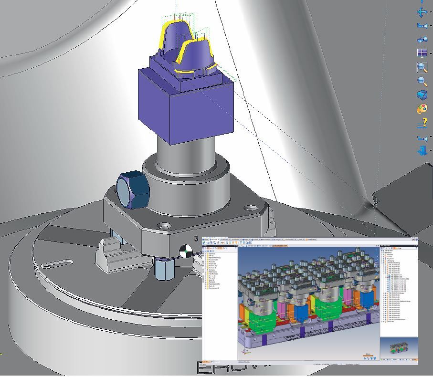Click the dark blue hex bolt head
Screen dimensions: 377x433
pos(132,189)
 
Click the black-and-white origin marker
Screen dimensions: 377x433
pos(186,251)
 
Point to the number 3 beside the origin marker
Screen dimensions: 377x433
pos(196,238)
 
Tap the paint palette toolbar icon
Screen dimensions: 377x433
pos(422,109)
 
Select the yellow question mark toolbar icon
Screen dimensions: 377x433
pos(422,124)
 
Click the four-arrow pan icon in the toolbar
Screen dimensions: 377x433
pos(422,12)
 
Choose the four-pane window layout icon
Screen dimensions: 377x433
pos(422,53)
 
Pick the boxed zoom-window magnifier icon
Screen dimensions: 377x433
pos(422,67)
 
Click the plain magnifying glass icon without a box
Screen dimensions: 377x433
pos(422,81)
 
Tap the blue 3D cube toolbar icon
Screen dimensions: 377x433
pos(422,95)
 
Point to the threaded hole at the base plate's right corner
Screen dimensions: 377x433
pos(250,208)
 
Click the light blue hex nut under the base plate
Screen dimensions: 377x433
pos(163,270)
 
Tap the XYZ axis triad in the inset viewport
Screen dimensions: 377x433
pos(245,352)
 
